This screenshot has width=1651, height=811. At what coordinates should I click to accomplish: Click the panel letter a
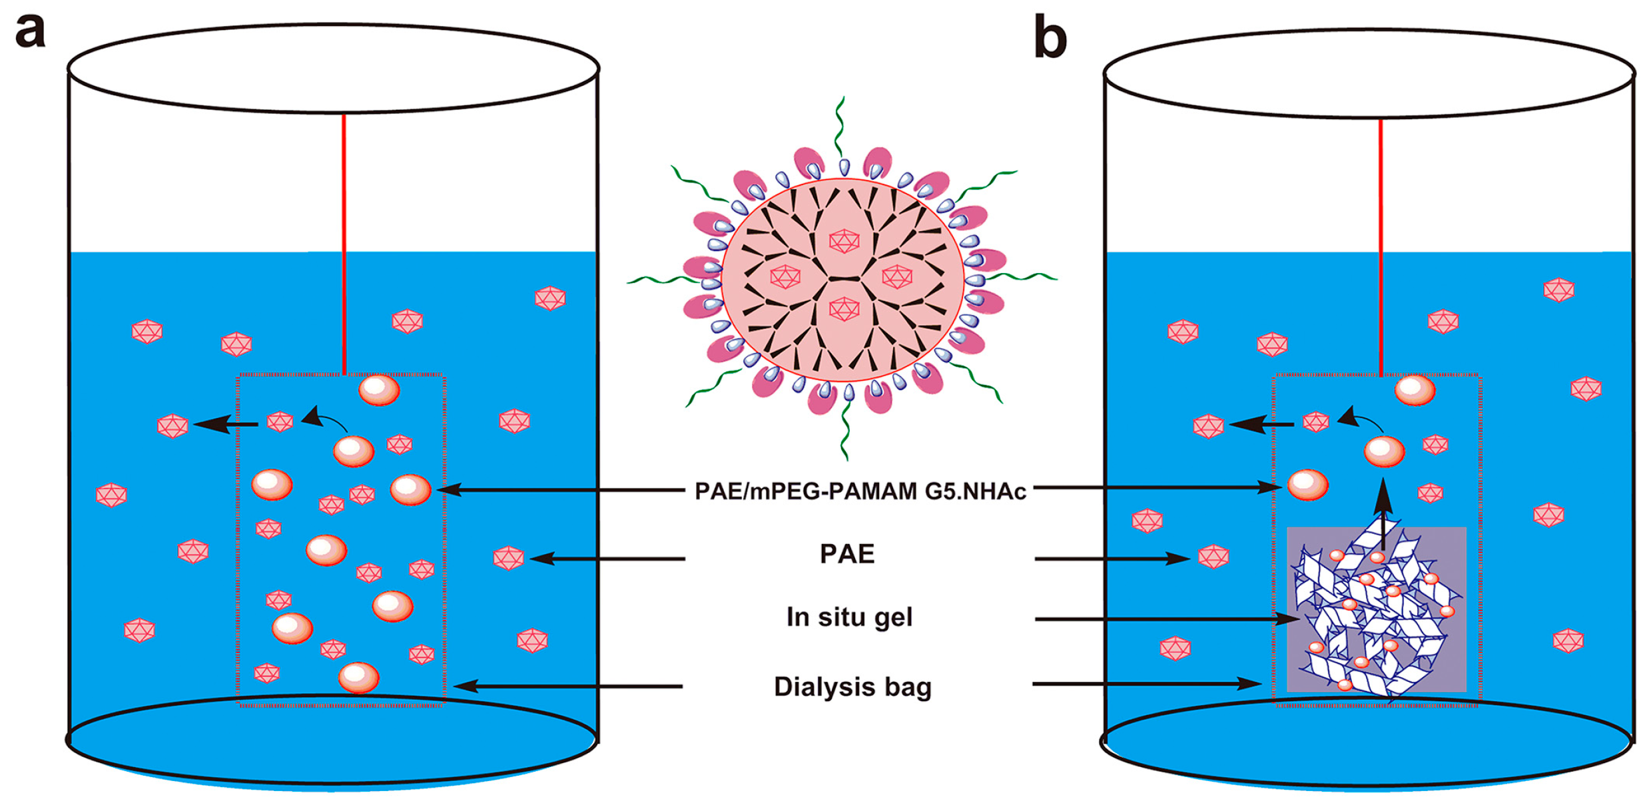[x=30, y=31]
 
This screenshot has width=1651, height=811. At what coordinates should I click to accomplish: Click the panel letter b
[x=1050, y=39]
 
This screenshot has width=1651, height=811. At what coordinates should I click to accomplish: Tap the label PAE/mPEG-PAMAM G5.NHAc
[x=859, y=491]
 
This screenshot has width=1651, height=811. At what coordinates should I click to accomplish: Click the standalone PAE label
[x=846, y=554]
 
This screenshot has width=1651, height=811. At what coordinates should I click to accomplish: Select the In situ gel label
[x=849, y=617]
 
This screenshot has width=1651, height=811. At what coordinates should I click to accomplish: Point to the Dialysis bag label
[x=852, y=686]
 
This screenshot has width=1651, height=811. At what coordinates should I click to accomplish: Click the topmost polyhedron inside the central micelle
[x=844, y=241]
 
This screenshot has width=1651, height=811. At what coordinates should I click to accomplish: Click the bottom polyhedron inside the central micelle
[x=844, y=309]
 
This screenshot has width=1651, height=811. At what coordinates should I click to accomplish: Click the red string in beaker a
[x=344, y=240]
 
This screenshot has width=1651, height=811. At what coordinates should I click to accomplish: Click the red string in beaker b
[x=1381, y=240]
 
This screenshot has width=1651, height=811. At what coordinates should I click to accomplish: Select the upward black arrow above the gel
[x=1384, y=513]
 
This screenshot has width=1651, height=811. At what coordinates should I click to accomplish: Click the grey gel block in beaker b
[x=1376, y=609]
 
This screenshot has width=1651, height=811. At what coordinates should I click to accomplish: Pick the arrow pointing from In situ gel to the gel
[x=1165, y=619]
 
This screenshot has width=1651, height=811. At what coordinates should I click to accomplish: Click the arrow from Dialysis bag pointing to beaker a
[x=566, y=686]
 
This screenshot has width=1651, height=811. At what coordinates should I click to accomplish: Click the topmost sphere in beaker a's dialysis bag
[x=379, y=390]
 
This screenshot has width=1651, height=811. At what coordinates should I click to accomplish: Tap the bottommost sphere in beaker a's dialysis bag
[x=359, y=678]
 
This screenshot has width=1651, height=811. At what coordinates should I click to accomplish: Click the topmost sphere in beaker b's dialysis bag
[x=1415, y=390]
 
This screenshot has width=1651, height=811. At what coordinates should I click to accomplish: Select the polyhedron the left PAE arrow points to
[x=509, y=558]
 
